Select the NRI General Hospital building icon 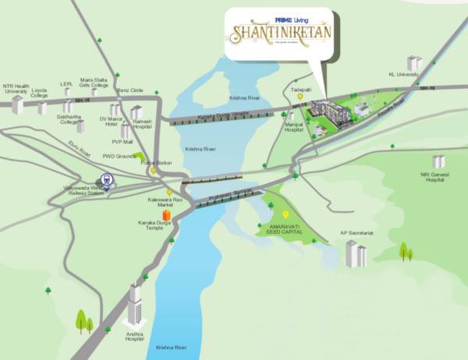tap(438, 161)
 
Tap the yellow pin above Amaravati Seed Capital tap(285, 214)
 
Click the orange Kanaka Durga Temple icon tap(165, 214)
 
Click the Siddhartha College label tap(70, 119)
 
